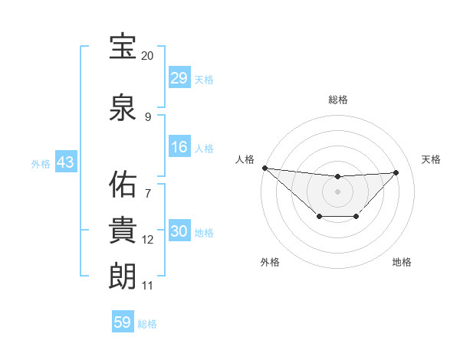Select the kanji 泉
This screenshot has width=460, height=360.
[x=123, y=107]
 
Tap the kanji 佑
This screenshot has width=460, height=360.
[x=123, y=183]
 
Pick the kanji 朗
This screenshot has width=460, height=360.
[x=123, y=275]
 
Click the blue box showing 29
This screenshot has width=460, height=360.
[x=179, y=78]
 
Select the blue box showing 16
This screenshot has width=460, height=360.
[x=179, y=147]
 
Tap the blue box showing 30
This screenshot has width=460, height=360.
[x=179, y=232]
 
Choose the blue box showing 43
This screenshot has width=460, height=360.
[x=65, y=163]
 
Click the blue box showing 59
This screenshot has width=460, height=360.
[x=123, y=322]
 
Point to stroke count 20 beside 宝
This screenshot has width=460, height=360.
[x=147, y=56]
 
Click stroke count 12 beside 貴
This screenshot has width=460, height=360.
[x=147, y=240]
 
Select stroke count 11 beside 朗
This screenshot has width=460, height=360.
[x=147, y=286]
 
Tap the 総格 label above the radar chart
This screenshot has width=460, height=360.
[x=337, y=100]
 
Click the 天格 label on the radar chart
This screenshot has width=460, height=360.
[x=431, y=159]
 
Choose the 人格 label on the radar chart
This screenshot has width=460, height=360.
[x=245, y=159]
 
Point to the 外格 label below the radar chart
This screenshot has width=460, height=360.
[x=270, y=262]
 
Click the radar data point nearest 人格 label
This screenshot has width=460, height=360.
[x=264, y=168]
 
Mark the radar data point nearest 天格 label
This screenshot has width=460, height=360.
[x=396, y=172]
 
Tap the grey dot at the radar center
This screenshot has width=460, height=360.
[x=337, y=191]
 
